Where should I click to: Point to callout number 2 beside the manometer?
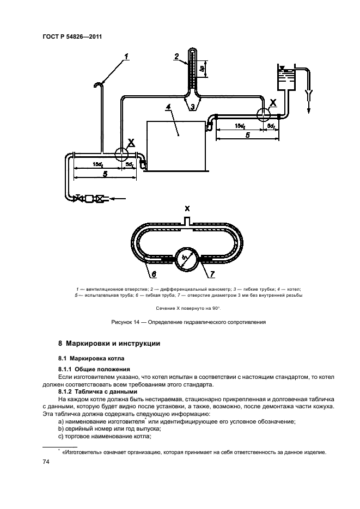tap(176, 56)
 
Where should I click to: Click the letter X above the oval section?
tap(187, 208)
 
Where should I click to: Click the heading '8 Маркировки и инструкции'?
tap(108, 344)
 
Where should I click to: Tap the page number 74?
tap(46, 462)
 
